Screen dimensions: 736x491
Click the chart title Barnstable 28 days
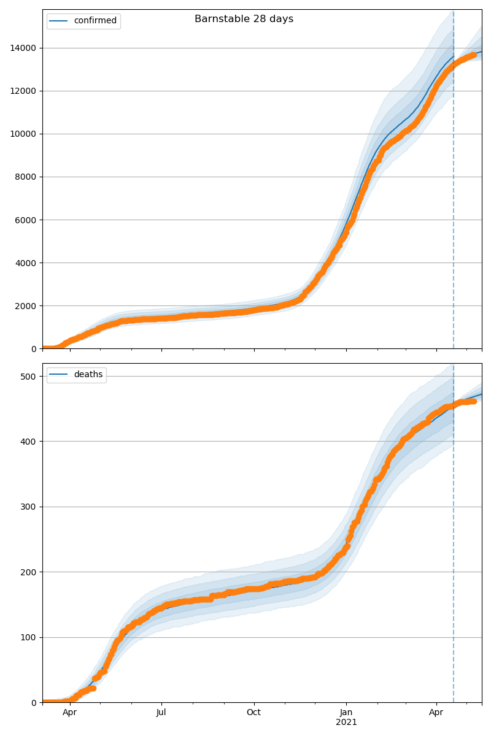click(x=244, y=19)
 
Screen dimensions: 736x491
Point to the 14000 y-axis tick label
click(x=23, y=48)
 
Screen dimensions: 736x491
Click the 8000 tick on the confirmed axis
click(x=25, y=177)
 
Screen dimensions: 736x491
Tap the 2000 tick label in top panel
click(x=25, y=305)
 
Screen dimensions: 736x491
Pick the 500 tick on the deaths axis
click(x=29, y=376)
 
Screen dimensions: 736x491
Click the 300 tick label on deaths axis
click(x=29, y=507)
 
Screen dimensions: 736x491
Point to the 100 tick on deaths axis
click(x=29, y=637)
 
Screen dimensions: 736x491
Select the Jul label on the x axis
click(x=161, y=713)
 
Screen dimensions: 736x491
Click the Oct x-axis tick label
click(x=253, y=713)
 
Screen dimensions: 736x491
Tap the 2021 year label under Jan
click(x=346, y=723)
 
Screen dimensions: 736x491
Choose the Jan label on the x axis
click(x=346, y=713)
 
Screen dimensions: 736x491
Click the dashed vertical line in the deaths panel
click(x=454, y=552)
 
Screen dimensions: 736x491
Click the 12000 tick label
click(x=23, y=91)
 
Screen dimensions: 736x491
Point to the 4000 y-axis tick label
click(x=25, y=263)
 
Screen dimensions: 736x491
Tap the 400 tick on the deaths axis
click(x=29, y=441)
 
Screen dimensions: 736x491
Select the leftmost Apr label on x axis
click(x=70, y=713)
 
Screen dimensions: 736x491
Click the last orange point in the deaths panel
click(x=473, y=401)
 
